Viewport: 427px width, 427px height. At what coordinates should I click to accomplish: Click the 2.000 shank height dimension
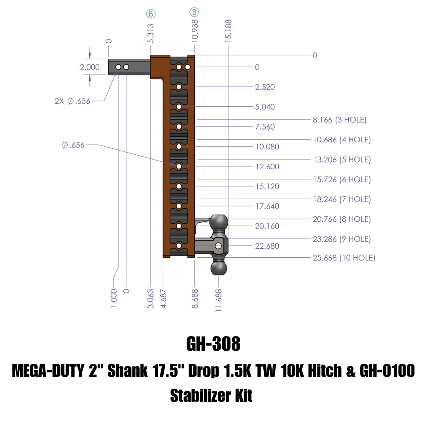[90, 67]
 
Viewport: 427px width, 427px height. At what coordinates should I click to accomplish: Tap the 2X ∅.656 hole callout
[72, 101]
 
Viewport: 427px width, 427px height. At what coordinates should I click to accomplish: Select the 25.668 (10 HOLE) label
[344, 258]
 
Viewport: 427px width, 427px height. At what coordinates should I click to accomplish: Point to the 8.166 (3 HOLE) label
[340, 119]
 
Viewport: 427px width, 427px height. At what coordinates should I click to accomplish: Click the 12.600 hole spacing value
[267, 166]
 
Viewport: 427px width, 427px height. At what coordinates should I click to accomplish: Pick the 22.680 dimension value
[267, 246]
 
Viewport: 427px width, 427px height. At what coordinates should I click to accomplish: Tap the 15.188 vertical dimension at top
[229, 31]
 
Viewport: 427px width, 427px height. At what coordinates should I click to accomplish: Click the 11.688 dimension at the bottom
[218, 300]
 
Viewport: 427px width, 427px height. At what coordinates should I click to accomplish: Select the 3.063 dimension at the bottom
[151, 299]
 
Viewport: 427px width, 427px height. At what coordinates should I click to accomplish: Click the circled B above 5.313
[151, 13]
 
